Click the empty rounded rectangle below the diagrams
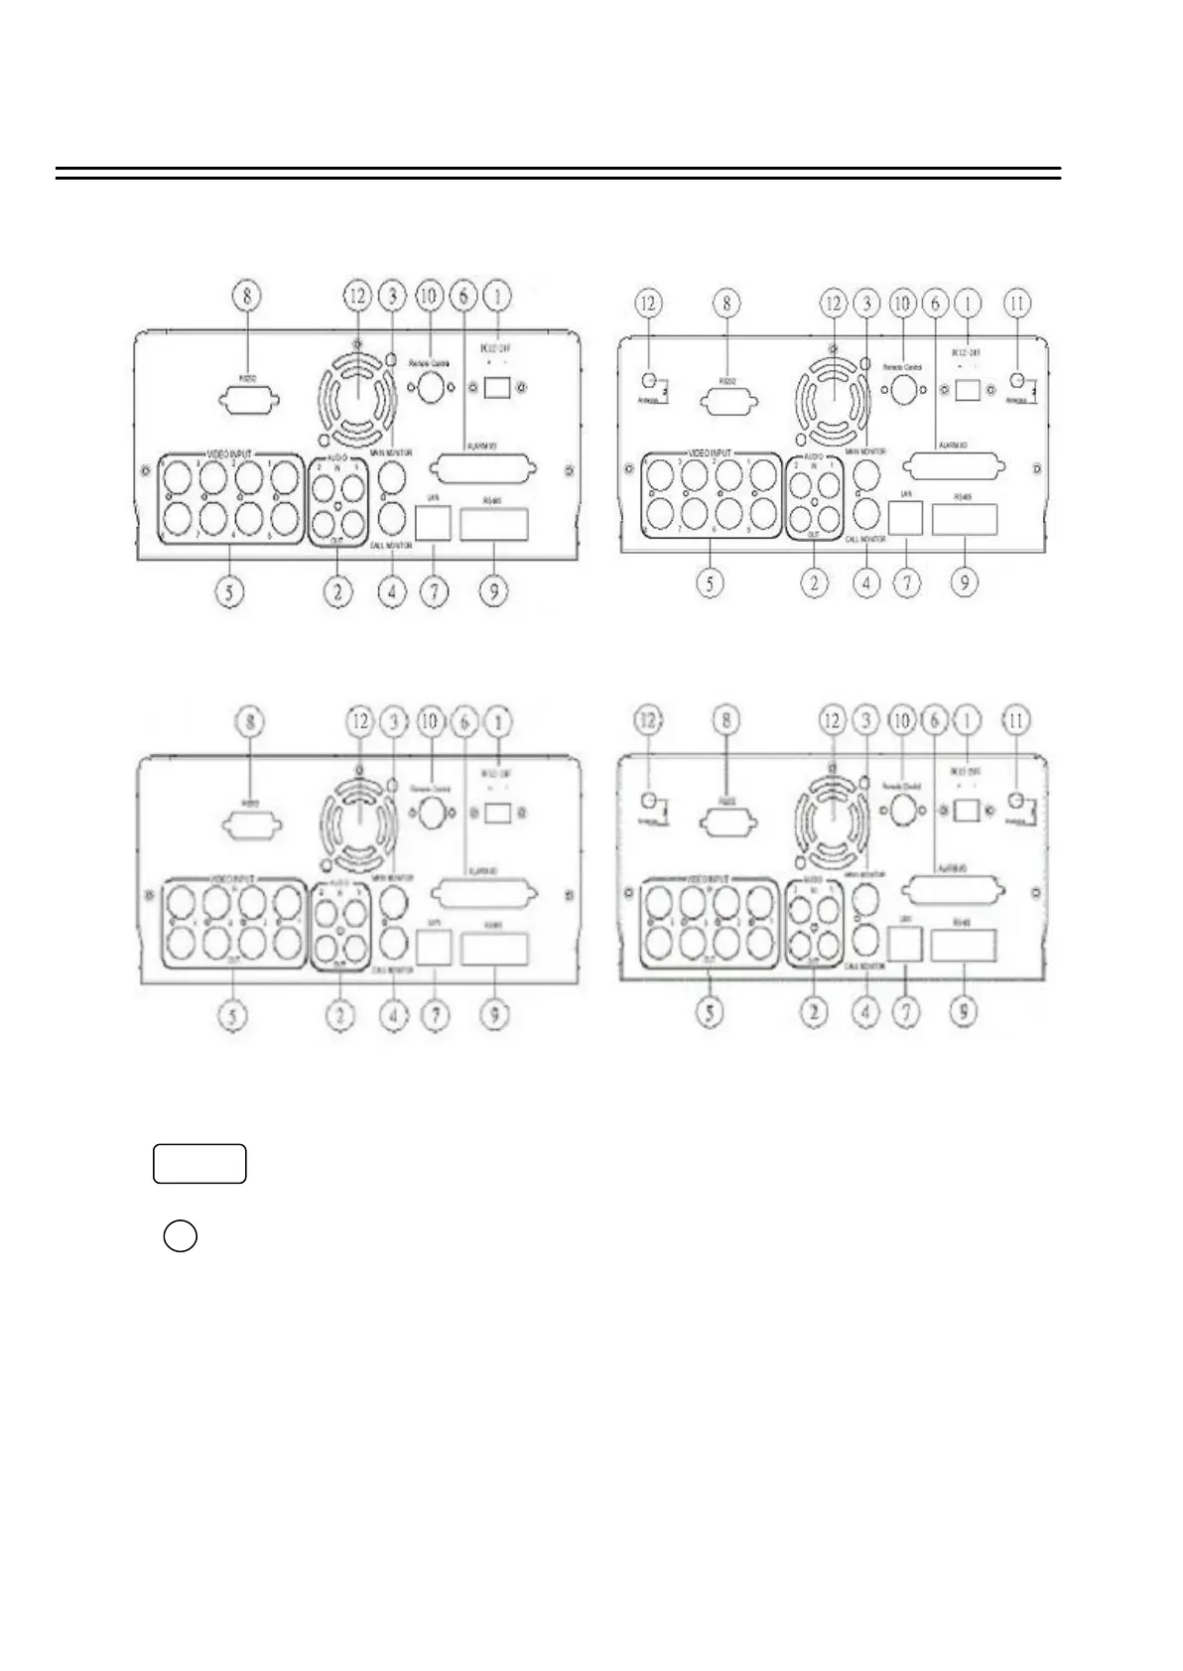[199, 1163]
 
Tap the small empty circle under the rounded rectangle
[180, 1237]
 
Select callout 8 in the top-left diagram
[248, 296]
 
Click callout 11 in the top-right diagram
[1016, 302]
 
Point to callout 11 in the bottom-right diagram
[1015, 722]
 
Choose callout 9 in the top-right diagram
[962, 582]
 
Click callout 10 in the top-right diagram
[902, 302]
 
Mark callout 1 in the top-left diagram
[498, 296]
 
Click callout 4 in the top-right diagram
[866, 582]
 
